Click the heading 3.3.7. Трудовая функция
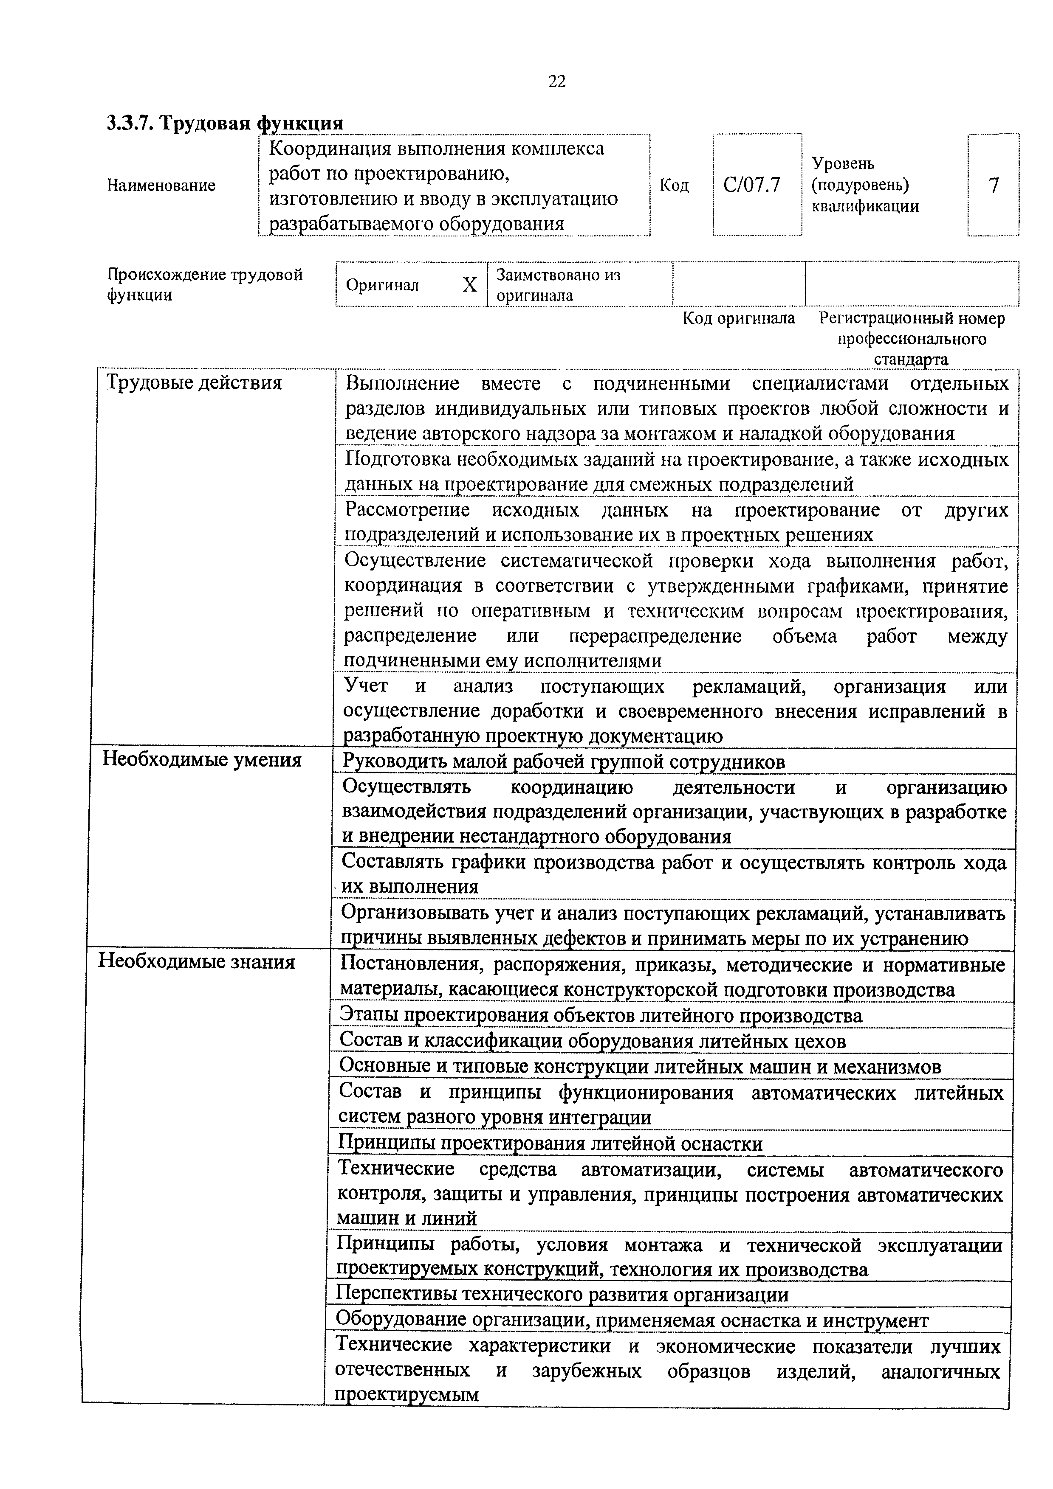[224, 123]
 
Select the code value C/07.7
[752, 185]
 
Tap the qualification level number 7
[993, 185]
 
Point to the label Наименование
[161, 185]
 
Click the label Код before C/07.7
[674, 185]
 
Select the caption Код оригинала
[739, 318]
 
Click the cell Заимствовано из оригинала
[559, 285]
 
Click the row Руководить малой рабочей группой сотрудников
[563, 761]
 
